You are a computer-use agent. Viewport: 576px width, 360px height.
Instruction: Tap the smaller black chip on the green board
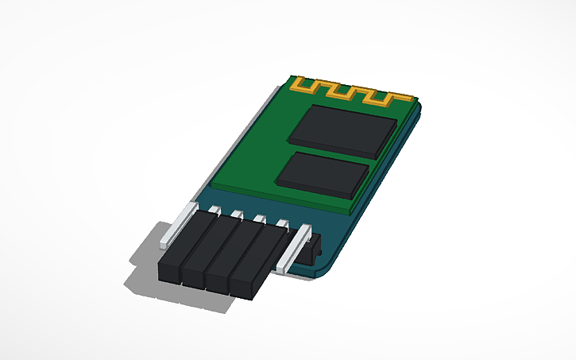tap(326, 172)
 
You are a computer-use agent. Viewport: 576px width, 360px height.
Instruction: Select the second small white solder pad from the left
tap(238, 215)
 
